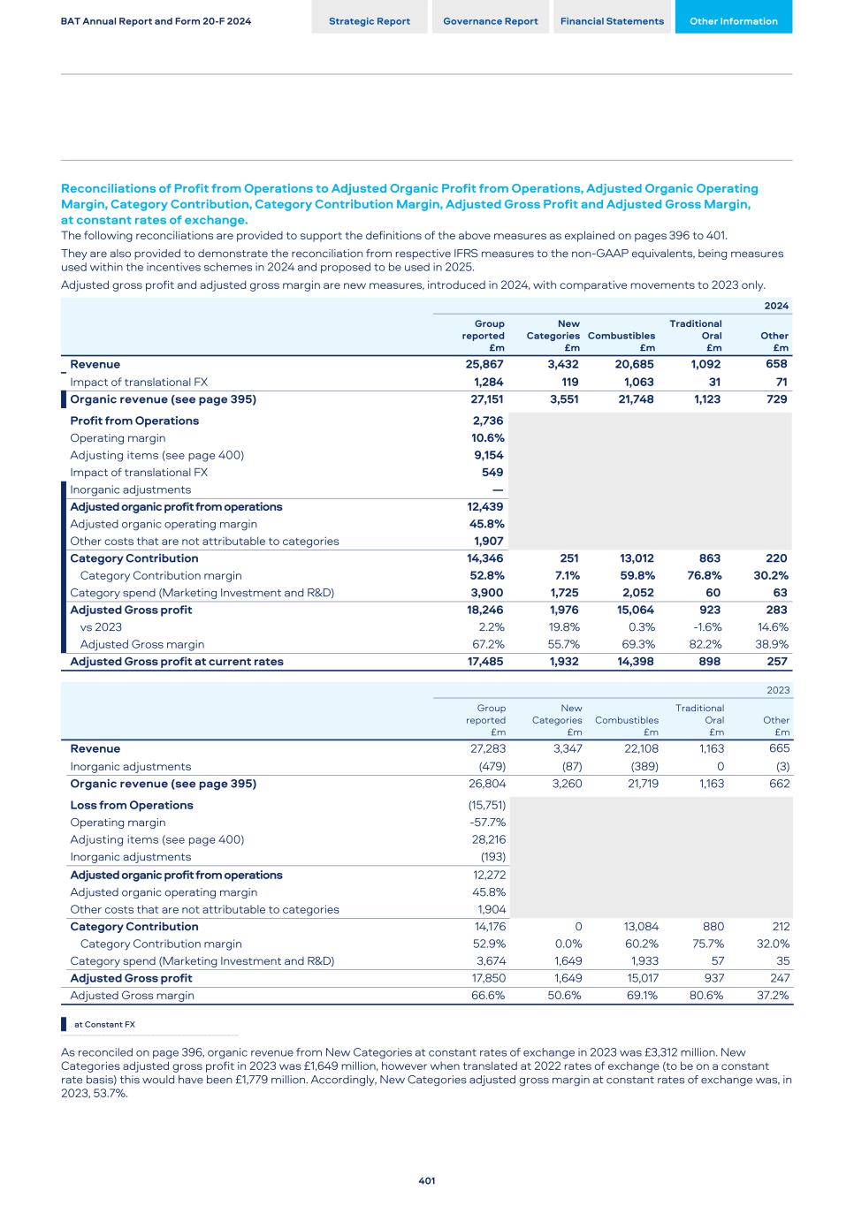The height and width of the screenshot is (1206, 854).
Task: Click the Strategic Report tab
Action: [370, 21]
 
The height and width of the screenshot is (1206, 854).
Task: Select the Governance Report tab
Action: [491, 21]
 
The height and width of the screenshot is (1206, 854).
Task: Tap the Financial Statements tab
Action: [612, 21]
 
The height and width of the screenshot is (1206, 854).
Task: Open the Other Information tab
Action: [734, 21]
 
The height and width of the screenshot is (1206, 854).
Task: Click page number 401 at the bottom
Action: [427, 1180]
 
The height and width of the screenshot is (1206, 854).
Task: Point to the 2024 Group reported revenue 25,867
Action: [484, 364]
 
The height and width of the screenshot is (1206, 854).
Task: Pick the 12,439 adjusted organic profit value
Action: [485, 507]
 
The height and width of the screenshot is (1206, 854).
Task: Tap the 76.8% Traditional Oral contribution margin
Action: [705, 575]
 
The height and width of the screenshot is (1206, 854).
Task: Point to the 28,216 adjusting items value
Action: [489, 839]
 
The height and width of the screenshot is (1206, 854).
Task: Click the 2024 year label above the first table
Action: [776, 306]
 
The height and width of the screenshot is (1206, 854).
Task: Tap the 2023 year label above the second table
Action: [778, 690]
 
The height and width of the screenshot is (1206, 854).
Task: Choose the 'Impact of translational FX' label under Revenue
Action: [139, 382]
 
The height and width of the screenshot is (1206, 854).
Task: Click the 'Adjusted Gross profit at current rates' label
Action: [177, 662]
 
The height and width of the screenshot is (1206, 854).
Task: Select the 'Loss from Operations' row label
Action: [132, 805]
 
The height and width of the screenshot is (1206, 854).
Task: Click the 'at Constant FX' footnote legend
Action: [104, 1025]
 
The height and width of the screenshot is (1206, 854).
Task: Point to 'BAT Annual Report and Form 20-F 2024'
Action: [156, 21]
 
